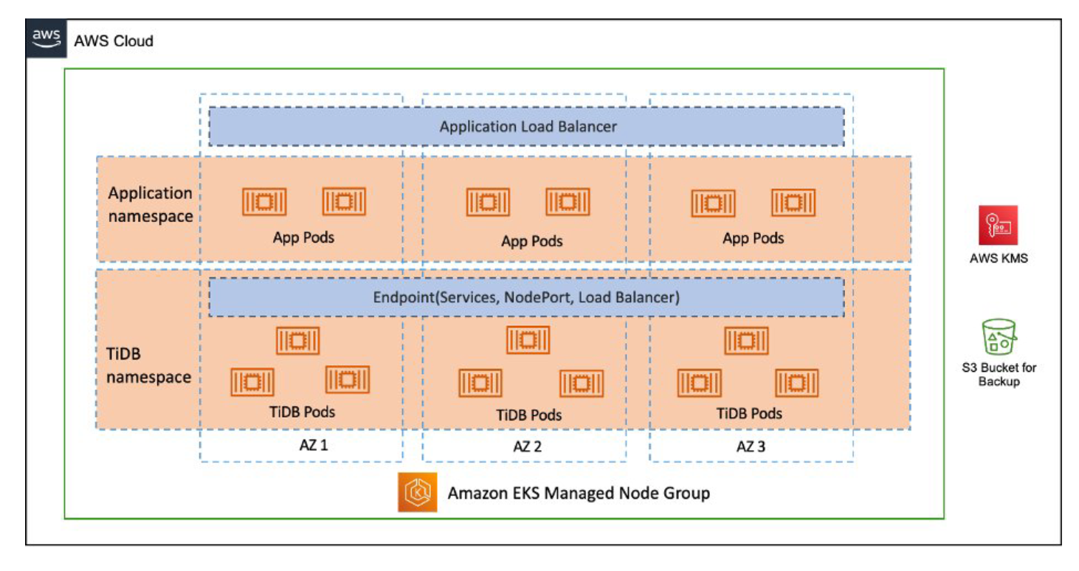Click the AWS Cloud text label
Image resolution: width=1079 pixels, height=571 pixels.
tap(114, 41)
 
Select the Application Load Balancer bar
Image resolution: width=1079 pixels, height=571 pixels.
tap(526, 126)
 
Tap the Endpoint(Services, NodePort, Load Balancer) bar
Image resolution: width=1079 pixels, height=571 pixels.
tap(526, 297)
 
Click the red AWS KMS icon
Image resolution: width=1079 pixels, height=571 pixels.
tap(998, 225)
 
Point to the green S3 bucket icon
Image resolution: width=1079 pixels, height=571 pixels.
tap(999, 338)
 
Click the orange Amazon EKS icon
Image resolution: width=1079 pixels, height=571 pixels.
tap(418, 492)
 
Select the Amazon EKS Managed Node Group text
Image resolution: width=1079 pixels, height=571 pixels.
tap(579, 493)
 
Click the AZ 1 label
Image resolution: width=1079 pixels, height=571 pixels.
tap(302, 446)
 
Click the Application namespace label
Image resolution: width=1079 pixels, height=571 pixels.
tap(151, 204)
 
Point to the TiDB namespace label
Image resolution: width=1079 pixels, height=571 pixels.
tap(148, 366)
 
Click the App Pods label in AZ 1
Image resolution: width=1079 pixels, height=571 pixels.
tap(303, 238)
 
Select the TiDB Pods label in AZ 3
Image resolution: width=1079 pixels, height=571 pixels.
tap(749, 413)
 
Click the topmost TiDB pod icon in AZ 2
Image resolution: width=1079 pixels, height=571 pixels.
tap(528, 340)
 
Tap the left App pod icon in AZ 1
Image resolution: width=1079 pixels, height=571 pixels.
tap(264, 201)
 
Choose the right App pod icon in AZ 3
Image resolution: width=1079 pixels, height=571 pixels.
tap(793, 203)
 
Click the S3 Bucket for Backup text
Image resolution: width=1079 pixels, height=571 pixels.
tap(999, 374)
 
